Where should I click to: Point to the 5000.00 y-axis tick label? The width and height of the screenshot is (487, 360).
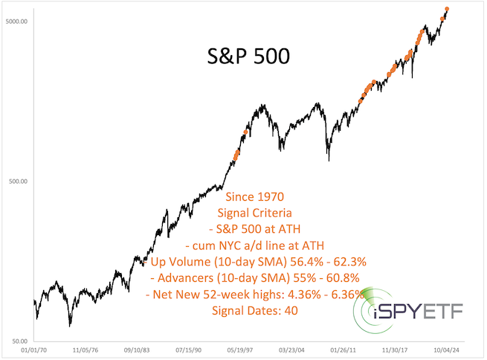tap(16, 21)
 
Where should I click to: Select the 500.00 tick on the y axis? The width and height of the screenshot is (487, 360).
tap(17, 181)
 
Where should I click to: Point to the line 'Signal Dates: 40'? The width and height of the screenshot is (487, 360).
tap(254, 310)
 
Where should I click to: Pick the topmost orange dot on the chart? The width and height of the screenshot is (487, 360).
tap(447, 10)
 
